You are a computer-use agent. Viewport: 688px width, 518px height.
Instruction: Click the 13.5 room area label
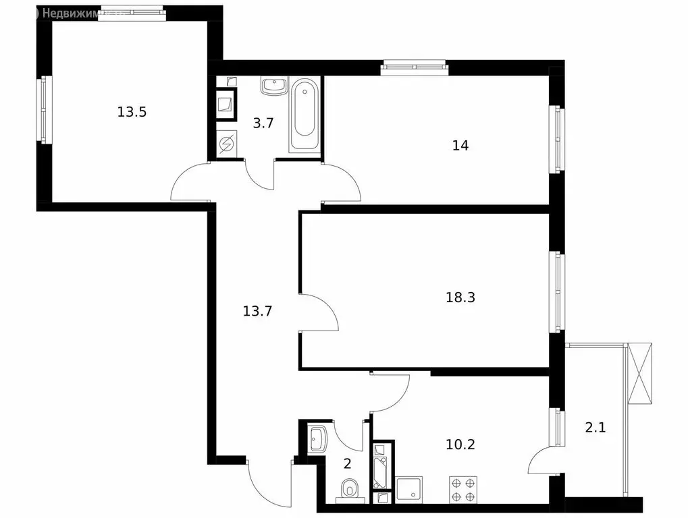pyautogui.click(x=132, y=112)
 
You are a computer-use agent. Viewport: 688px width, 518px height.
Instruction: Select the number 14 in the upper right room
pyautogui.click(x=460, y=145)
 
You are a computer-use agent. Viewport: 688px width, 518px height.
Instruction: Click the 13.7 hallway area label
pyautogui.click(x=257, y=311)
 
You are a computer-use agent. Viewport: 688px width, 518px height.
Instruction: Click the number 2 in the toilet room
pyautogui.click(x=348, y=463)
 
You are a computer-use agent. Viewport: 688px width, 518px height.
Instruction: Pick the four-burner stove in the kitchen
pyautogui.click(x=463, y=489)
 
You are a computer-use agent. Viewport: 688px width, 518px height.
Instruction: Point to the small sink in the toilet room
pyautogui.click(x=317, y=439)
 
